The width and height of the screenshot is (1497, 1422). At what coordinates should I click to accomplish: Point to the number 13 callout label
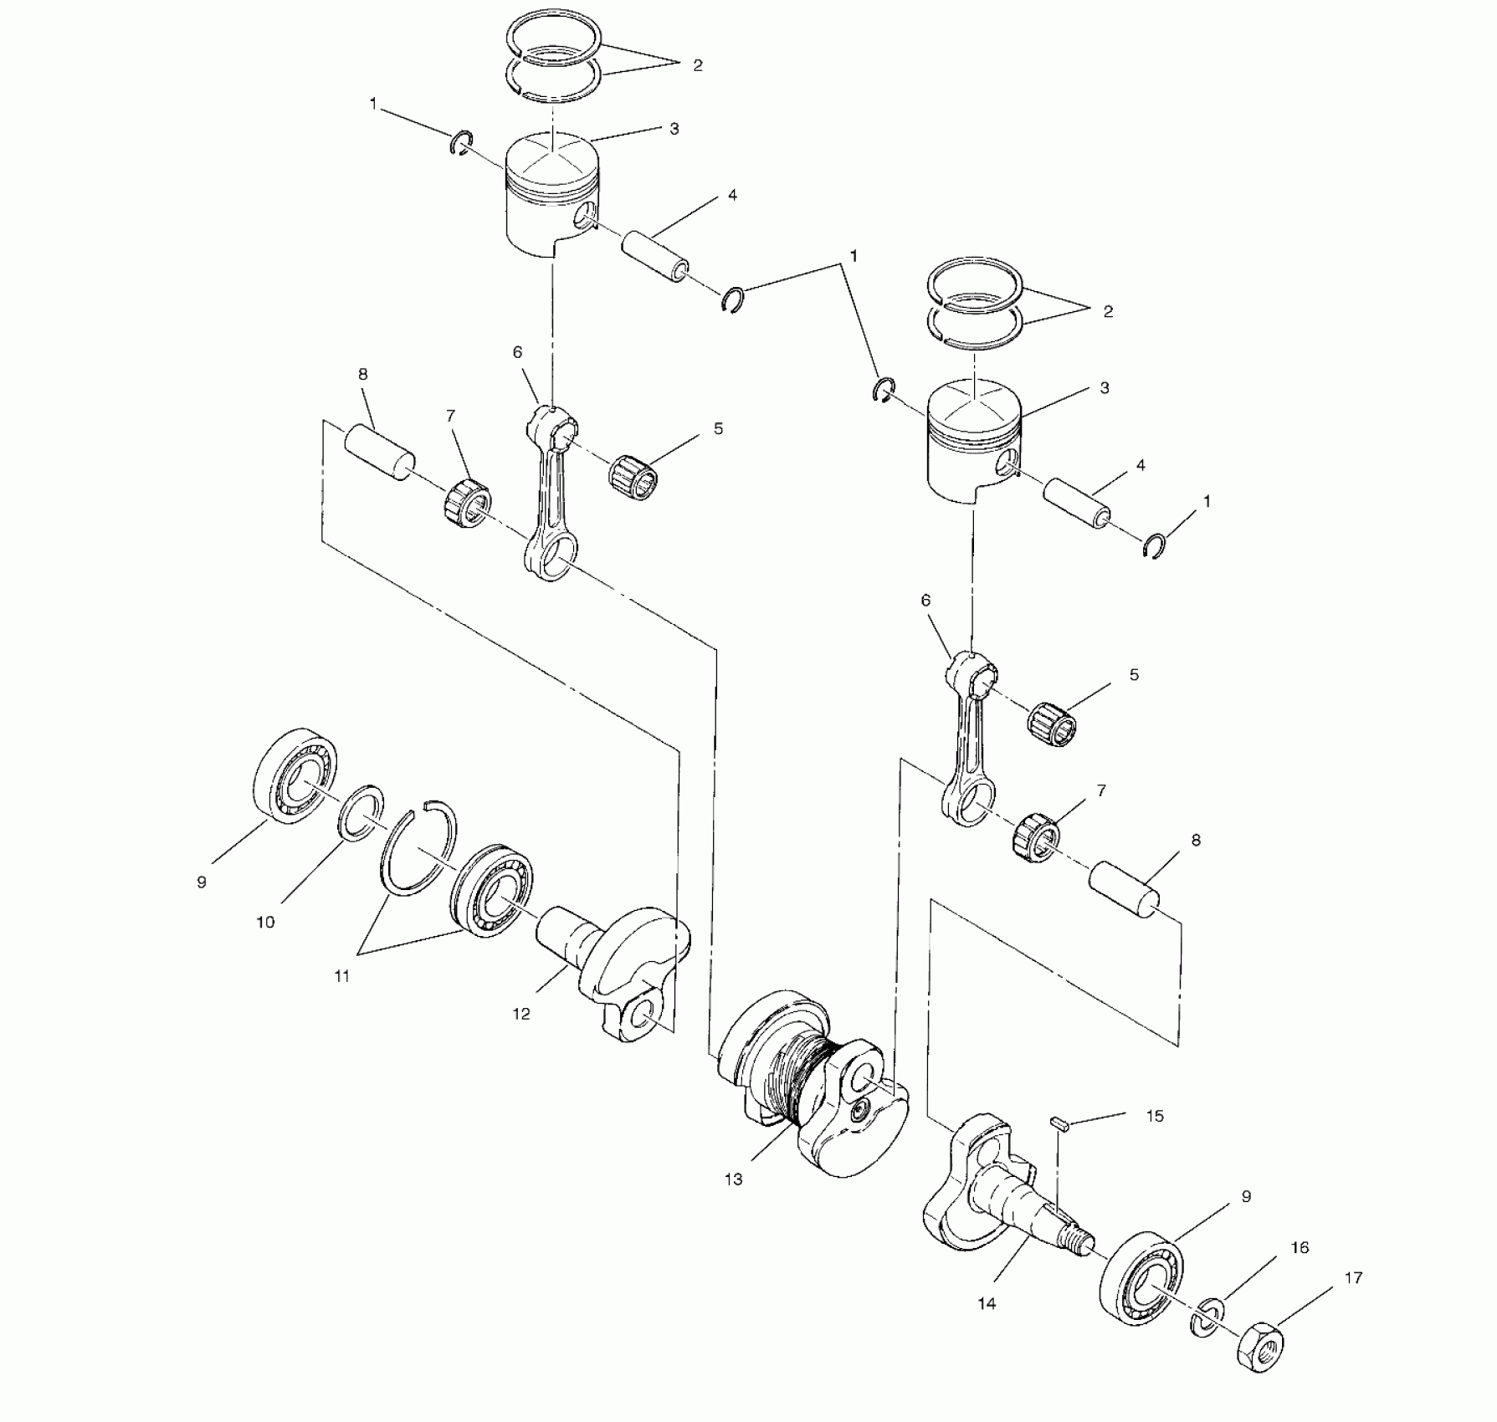733,1180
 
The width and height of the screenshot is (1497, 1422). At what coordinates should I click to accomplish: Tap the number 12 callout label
520,1014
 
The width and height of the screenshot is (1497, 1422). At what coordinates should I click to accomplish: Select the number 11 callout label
341,976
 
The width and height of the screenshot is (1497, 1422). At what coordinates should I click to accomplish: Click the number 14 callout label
987,1303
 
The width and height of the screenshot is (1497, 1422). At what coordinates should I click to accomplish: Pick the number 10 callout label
264,923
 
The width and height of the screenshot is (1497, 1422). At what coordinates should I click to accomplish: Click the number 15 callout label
1155,1116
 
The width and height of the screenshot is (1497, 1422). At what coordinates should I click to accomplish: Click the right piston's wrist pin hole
1008,463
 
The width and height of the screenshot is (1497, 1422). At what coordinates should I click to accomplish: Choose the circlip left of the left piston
462,143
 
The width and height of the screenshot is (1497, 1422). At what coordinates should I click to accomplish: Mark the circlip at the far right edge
1156,545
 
